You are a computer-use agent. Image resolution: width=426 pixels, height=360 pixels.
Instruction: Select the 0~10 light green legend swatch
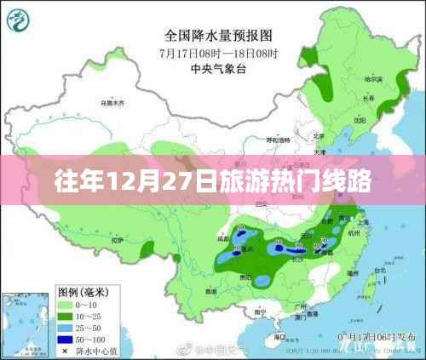tap(66, 302)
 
